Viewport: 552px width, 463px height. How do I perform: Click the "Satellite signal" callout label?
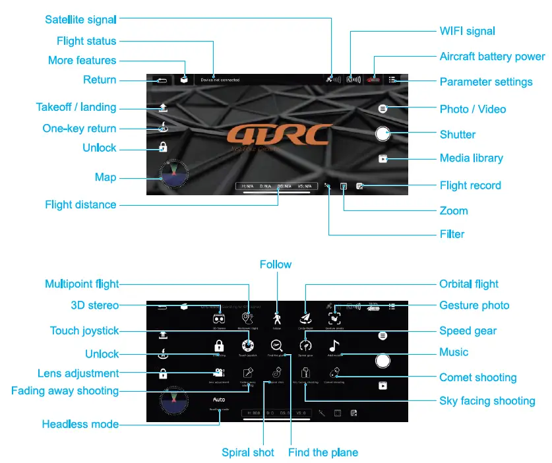click(81, 19)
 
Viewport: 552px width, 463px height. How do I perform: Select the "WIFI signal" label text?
click(467, 31)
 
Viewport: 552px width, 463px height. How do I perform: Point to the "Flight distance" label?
click(80, 204)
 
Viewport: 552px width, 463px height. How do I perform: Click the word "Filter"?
click(452, 234)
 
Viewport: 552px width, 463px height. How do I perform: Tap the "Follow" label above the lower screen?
click(276, 264)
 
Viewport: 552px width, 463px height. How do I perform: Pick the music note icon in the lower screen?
click(334, 345)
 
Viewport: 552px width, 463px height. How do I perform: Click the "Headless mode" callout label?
click(80, 424)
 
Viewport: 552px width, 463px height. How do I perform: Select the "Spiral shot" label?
click(248, 452)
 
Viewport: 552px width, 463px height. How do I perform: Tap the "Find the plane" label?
click(323, 452)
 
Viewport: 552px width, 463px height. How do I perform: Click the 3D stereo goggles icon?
click(219, 317)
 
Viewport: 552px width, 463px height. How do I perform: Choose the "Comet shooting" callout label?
click(477, 378)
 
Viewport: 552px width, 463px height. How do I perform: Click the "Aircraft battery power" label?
click(492, 57)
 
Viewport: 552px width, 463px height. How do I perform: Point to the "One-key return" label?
click(79, 129)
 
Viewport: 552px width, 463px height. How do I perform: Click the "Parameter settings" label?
click(486, 82)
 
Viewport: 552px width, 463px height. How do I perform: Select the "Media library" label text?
click(471, 158)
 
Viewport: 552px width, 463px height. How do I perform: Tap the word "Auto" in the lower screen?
click(219, 400)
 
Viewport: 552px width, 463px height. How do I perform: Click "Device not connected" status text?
click(220, 80)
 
